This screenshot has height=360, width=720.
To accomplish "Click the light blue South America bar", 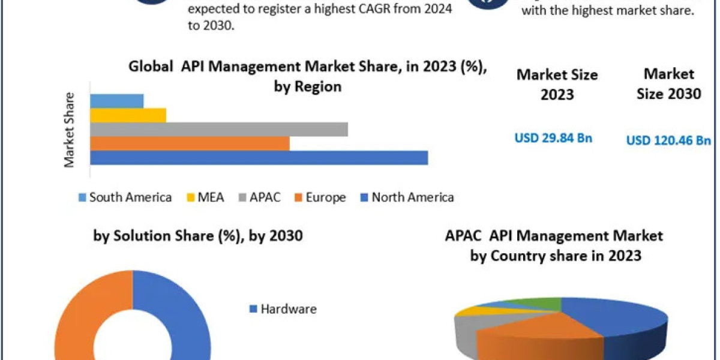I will pyautogui.click(x=117, y=101).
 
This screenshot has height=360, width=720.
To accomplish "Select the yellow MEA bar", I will pyautogui.click(x=128, y=115).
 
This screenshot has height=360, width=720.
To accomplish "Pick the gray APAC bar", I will pyautogui.click(x=219, y=129).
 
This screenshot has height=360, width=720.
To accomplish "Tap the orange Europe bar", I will pyautogui.click(x=190, y=143).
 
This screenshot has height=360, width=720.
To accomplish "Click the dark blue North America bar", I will pyautogui.click(x=259, y=157).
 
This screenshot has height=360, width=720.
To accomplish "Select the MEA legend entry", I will pyautogui.click(x=206, y=197).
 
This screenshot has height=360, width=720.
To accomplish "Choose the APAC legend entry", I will pyautogui.click(x=260, y=197).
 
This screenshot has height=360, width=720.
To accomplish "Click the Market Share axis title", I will pyautogui.click(x=70, y=130).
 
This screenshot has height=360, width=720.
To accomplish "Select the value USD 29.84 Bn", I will pyautogui.click(x=553, y=138).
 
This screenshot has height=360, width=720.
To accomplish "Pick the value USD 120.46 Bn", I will pyautogui.click(x=668, y=140).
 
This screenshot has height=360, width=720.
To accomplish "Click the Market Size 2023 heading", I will pyautogui.click(x=557, y=85).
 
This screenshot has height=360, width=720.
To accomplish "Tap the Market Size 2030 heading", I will pyautogui.click(x=668, y=84).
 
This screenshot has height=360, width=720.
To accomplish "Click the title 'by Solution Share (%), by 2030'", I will pyautogui.click(x=198, y=236).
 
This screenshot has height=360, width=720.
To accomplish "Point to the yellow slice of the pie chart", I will pyautogui.click(x=477, y=311).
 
